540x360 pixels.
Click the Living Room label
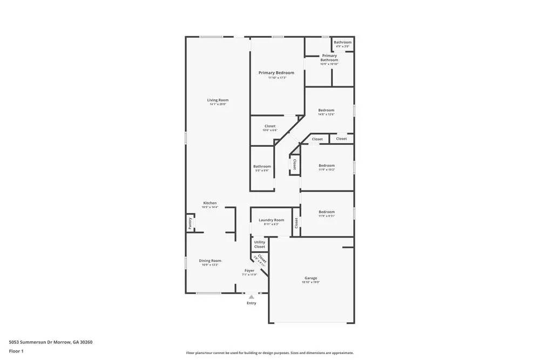tap(218, 100)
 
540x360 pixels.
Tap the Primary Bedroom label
tap(276, 73)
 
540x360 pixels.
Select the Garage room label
tap(310, 278)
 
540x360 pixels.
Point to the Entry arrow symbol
tap(251, 297)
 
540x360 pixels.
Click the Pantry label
tap(190, 223)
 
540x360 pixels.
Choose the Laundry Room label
tap(271, 220)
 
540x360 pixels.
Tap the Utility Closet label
tap(259, 244)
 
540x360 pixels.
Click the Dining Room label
tap(210, 261)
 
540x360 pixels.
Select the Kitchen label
tap(210, 203)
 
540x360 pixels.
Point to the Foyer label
tap(249, 270)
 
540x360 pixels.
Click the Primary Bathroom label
tap(329, 58)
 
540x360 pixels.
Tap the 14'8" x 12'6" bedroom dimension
tap(326, 114)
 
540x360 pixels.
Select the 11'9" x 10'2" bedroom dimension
tap(326, 169)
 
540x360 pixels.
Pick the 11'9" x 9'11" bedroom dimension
tap(326, 216)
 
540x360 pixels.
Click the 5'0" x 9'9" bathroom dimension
tap(262, 171)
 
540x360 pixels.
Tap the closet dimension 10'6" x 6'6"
tap(269, 130)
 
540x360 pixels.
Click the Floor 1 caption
tap(16, 351)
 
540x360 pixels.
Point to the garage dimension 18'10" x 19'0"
tap(310, 282)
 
